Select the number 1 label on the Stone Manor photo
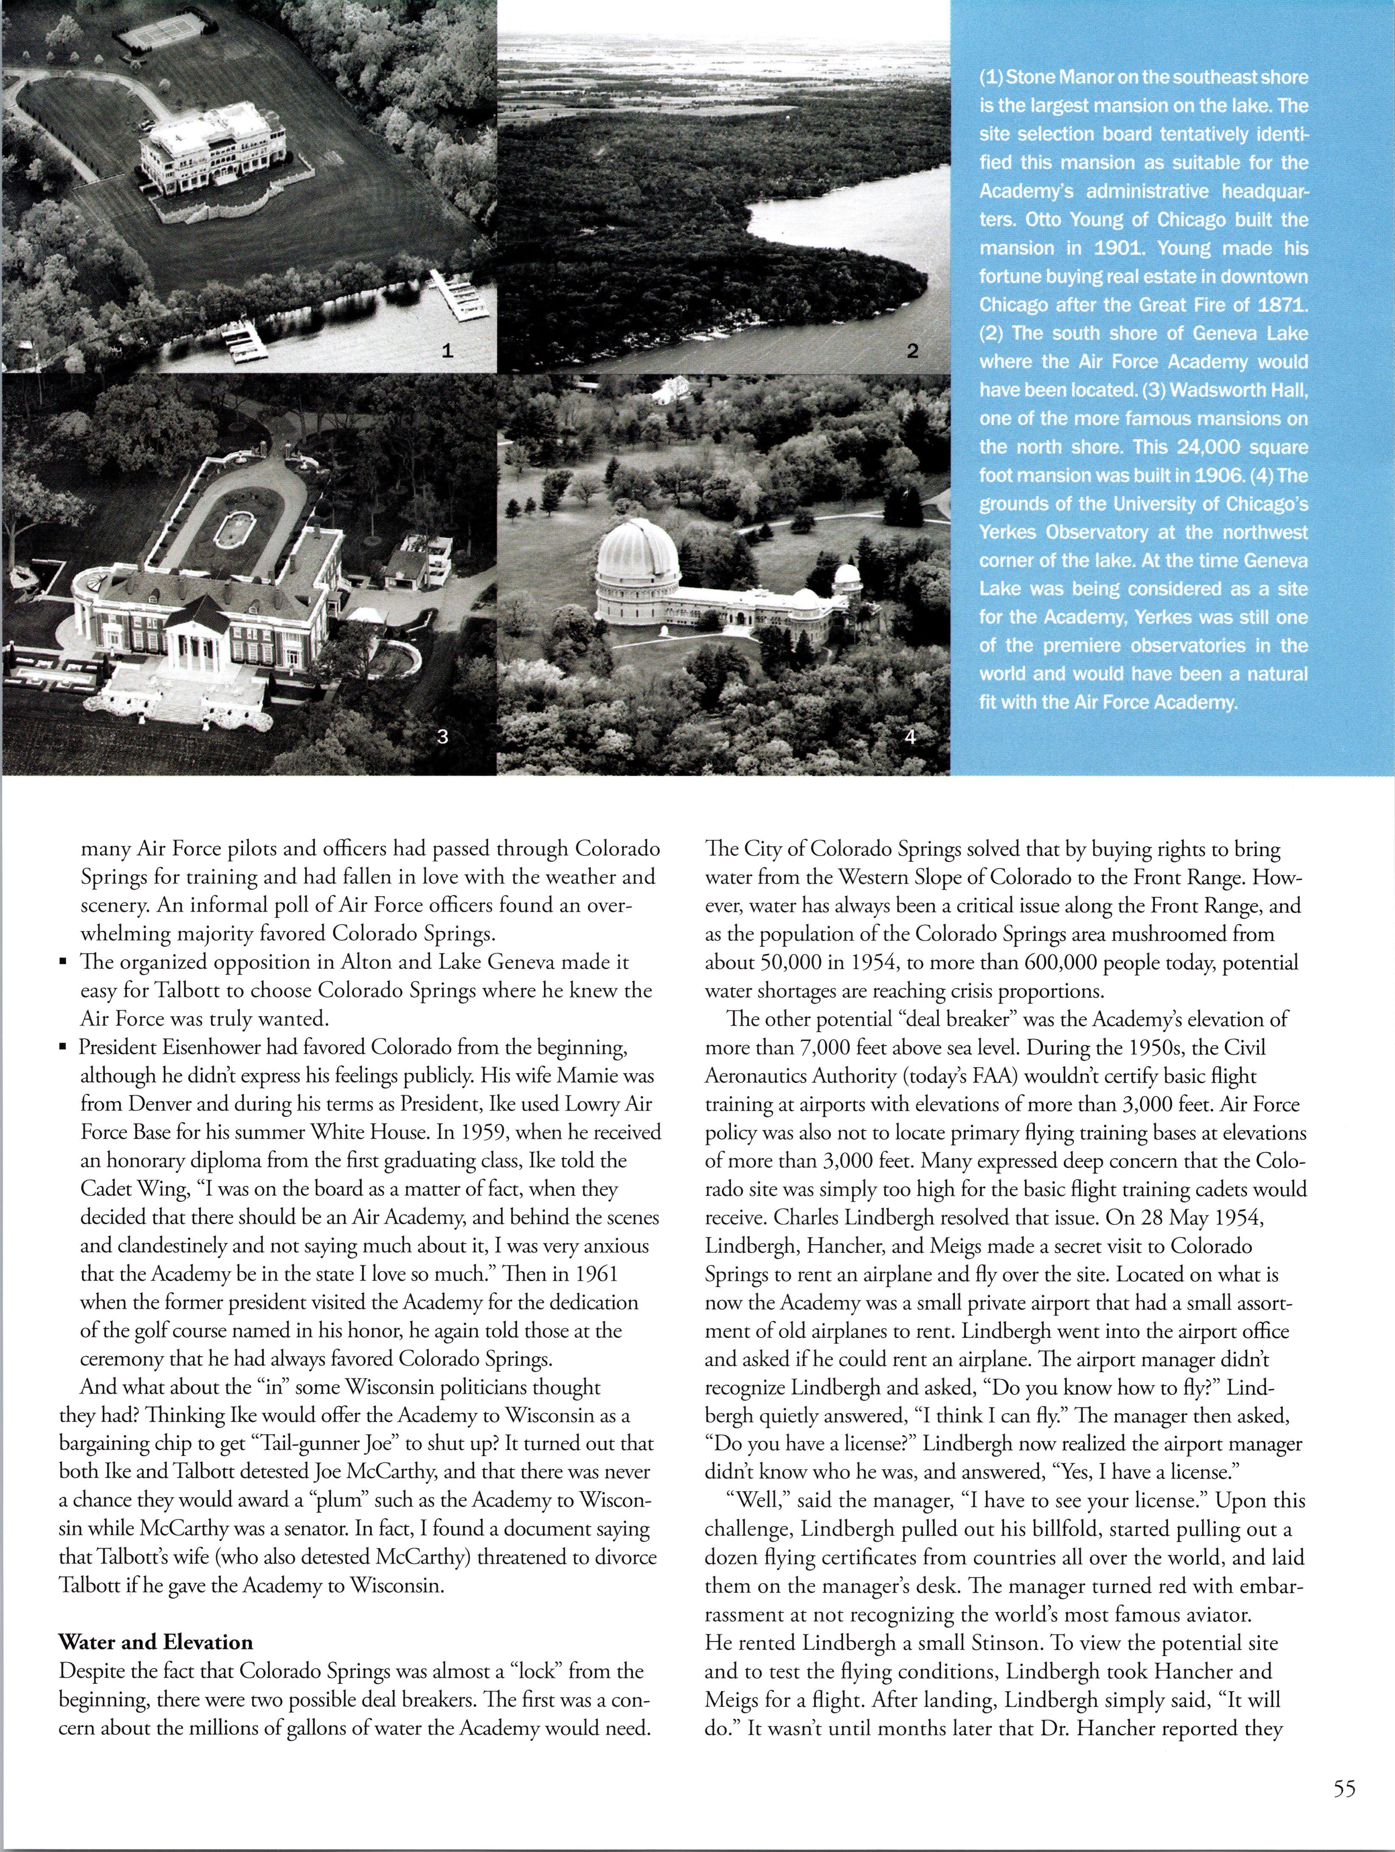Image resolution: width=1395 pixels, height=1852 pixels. coord(448,352)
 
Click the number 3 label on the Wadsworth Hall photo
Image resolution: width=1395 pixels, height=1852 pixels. coord(443,737)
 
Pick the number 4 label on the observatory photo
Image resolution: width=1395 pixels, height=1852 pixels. coord(910,737)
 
